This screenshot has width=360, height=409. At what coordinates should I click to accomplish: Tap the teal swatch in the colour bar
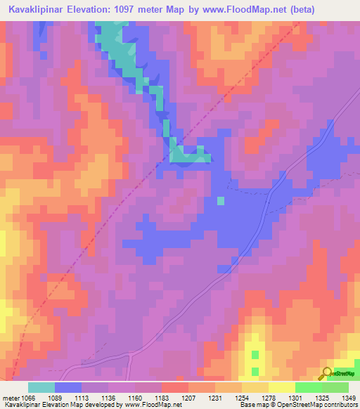(x=41, y=387)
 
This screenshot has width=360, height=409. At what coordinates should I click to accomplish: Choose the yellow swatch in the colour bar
(x=281, y=387)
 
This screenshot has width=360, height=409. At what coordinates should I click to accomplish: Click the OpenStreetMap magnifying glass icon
(x=326, y=373)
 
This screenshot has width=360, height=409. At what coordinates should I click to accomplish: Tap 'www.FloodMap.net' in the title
(x=243, y=9)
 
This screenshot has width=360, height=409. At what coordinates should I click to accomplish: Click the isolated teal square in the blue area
(x=221, y=201)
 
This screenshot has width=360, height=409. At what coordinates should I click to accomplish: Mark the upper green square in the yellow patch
(x=255, y=354)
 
